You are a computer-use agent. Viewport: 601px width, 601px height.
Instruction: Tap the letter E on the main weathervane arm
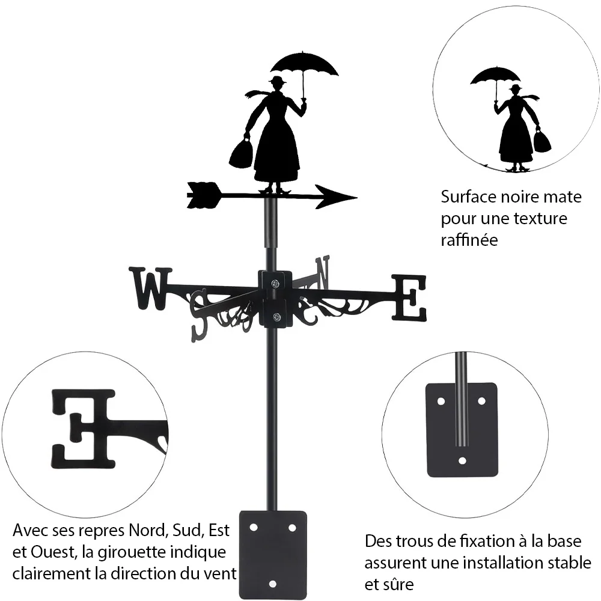(x=409, y=297)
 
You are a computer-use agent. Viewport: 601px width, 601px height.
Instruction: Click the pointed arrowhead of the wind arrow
(x=336, y=197)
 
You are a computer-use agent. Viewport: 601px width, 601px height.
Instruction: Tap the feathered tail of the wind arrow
(x=204, y=195)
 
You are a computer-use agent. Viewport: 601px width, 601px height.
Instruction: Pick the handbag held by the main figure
(x=241, y=153)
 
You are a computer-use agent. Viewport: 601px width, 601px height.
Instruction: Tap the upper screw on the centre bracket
(x=275, y=284)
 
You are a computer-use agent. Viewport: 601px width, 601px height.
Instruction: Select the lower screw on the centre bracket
(x=276, y=317)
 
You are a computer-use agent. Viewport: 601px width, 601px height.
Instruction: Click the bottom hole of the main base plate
(x=272, y=584)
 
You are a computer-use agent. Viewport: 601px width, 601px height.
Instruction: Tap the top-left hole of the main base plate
(x=253, y=528)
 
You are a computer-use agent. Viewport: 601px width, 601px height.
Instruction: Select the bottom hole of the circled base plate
(x=463, y=461)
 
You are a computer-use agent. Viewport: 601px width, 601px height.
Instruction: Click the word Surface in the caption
(x=468, y=197)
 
